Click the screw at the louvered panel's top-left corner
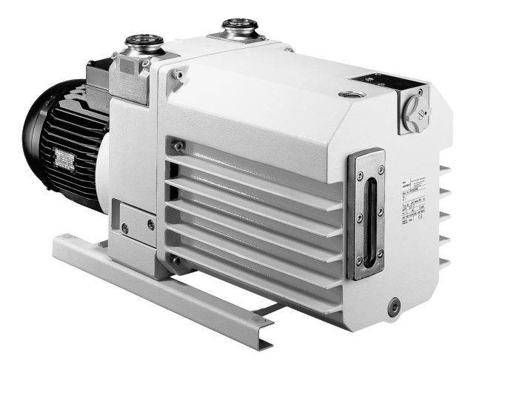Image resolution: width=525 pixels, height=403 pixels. (178, 146)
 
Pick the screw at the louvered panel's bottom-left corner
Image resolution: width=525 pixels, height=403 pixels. (176, 260)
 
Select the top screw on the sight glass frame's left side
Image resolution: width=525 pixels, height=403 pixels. (359, 176)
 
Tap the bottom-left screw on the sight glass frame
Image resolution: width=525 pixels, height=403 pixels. (358, 261)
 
